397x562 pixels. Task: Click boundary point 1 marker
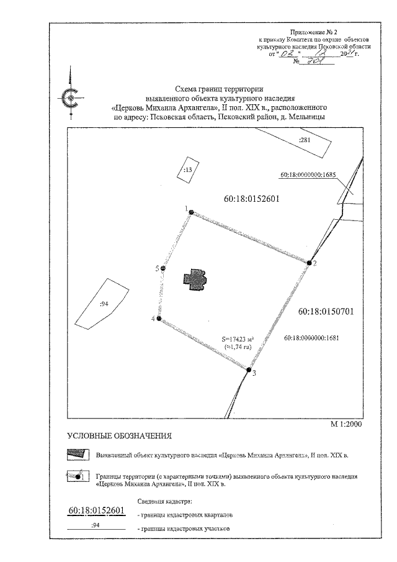point(191,212)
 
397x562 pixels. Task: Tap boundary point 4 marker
point(159,319)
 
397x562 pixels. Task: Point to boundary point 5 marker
point(163,268)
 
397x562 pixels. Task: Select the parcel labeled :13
point(187,168)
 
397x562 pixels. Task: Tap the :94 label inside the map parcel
point(104,303)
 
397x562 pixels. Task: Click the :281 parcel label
point(304,140)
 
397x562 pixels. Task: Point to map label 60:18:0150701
point(326,312)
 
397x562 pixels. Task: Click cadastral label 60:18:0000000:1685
point(308,174)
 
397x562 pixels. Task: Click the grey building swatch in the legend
point(77,455)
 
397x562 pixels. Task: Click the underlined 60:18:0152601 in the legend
point(96,511)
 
